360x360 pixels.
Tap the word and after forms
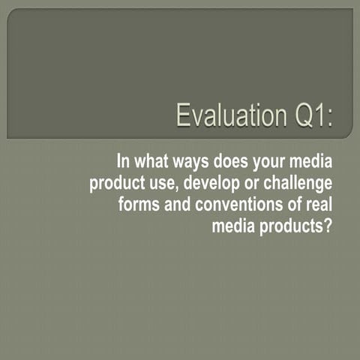(176, 205)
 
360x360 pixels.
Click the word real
(316, 205)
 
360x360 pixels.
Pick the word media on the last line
(234, 226)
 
